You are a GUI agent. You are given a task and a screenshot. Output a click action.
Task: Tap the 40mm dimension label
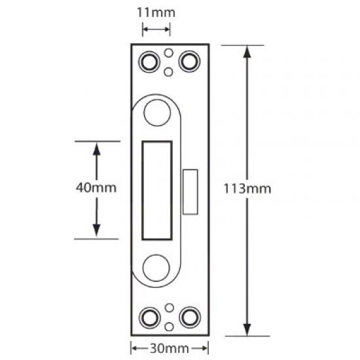96,188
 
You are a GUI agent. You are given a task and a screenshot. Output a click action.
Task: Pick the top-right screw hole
190,61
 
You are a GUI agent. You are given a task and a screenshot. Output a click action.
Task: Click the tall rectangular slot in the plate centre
157,189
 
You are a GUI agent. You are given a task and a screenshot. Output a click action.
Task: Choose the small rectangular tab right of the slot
190,191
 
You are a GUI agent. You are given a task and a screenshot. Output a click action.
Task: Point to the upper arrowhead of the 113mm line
247,52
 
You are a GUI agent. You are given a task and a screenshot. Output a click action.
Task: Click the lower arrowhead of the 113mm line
247,328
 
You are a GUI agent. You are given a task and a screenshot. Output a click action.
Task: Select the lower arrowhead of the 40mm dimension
96,230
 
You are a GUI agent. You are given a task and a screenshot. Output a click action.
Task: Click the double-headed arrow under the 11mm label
156,29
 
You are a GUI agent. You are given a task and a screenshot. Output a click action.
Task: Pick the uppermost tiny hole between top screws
169,52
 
